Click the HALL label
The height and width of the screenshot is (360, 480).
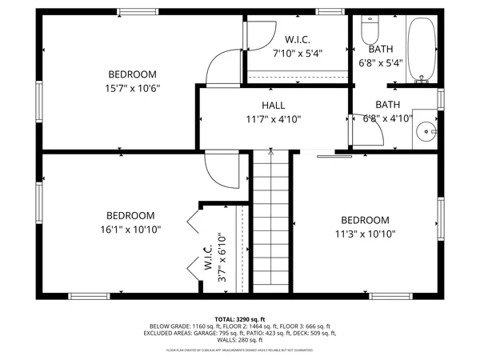tap(273, 106)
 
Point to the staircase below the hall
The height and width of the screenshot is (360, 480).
tap(271, 224)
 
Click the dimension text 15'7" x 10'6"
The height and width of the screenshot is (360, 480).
tap(134, 89)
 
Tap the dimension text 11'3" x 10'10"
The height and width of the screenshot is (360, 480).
tap(365, 234)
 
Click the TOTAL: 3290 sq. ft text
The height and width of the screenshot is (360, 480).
tap(239, 318)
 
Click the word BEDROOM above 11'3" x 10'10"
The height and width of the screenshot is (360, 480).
tap(365, 221)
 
